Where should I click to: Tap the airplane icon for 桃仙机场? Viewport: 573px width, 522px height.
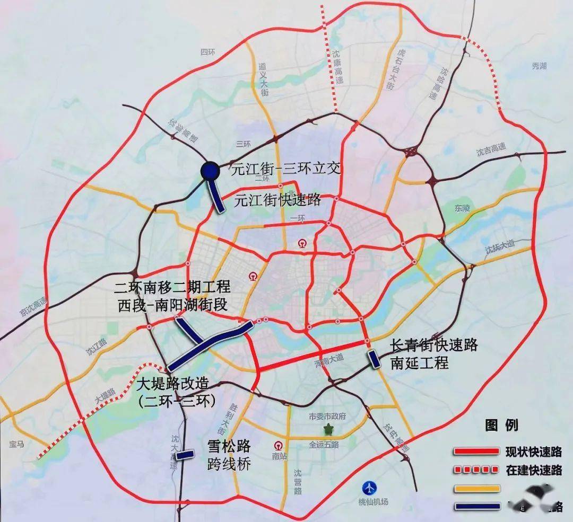click(x=370, y=487)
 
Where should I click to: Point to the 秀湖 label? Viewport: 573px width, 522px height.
click(x=539, y=66)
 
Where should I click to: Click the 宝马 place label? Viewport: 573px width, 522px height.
click(x=17, y=444)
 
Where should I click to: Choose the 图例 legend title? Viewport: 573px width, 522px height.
click(x=501, y=425)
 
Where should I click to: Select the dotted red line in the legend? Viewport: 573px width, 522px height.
click(x=477, y=470)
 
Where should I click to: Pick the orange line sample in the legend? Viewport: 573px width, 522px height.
click(x=477, y=488)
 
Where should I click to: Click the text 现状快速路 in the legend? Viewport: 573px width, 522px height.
click(x=533, y=452)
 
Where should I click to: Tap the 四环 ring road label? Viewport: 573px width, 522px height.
click(x=206, y=52)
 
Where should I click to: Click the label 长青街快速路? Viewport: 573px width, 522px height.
click(x=434, y=346)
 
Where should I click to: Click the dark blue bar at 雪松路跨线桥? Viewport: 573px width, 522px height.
click(x=185, y=455)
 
